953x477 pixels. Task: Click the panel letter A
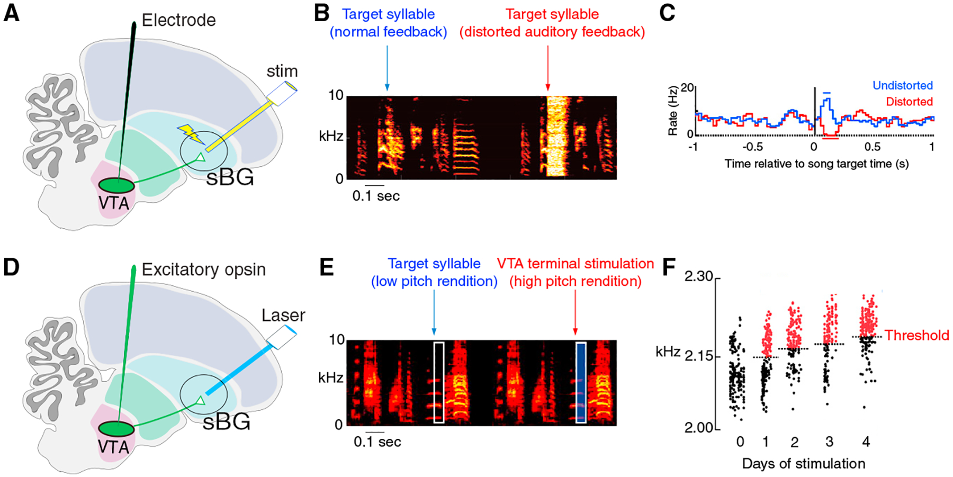tap(12, 13)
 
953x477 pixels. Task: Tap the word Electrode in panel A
tap(178, 20)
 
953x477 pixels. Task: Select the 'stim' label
tap(282, 71)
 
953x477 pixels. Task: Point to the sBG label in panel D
tap(227, 422)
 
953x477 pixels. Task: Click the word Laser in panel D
tap(283, 316)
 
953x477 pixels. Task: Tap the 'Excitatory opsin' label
tap(203, 269)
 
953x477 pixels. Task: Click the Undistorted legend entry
tap(902, 85)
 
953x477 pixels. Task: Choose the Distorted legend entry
tap(909, 102)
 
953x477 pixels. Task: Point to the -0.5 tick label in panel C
tap(752, 147)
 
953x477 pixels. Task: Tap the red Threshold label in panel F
tap(916, 335)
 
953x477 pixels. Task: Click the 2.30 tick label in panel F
tap(698, 276)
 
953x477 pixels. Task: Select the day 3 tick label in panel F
tap(829, 442)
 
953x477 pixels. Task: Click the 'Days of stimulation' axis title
tap(803, 464)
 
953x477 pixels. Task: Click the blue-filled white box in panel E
tap(581, 382)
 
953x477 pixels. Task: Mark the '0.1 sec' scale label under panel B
tap(376, 196)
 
